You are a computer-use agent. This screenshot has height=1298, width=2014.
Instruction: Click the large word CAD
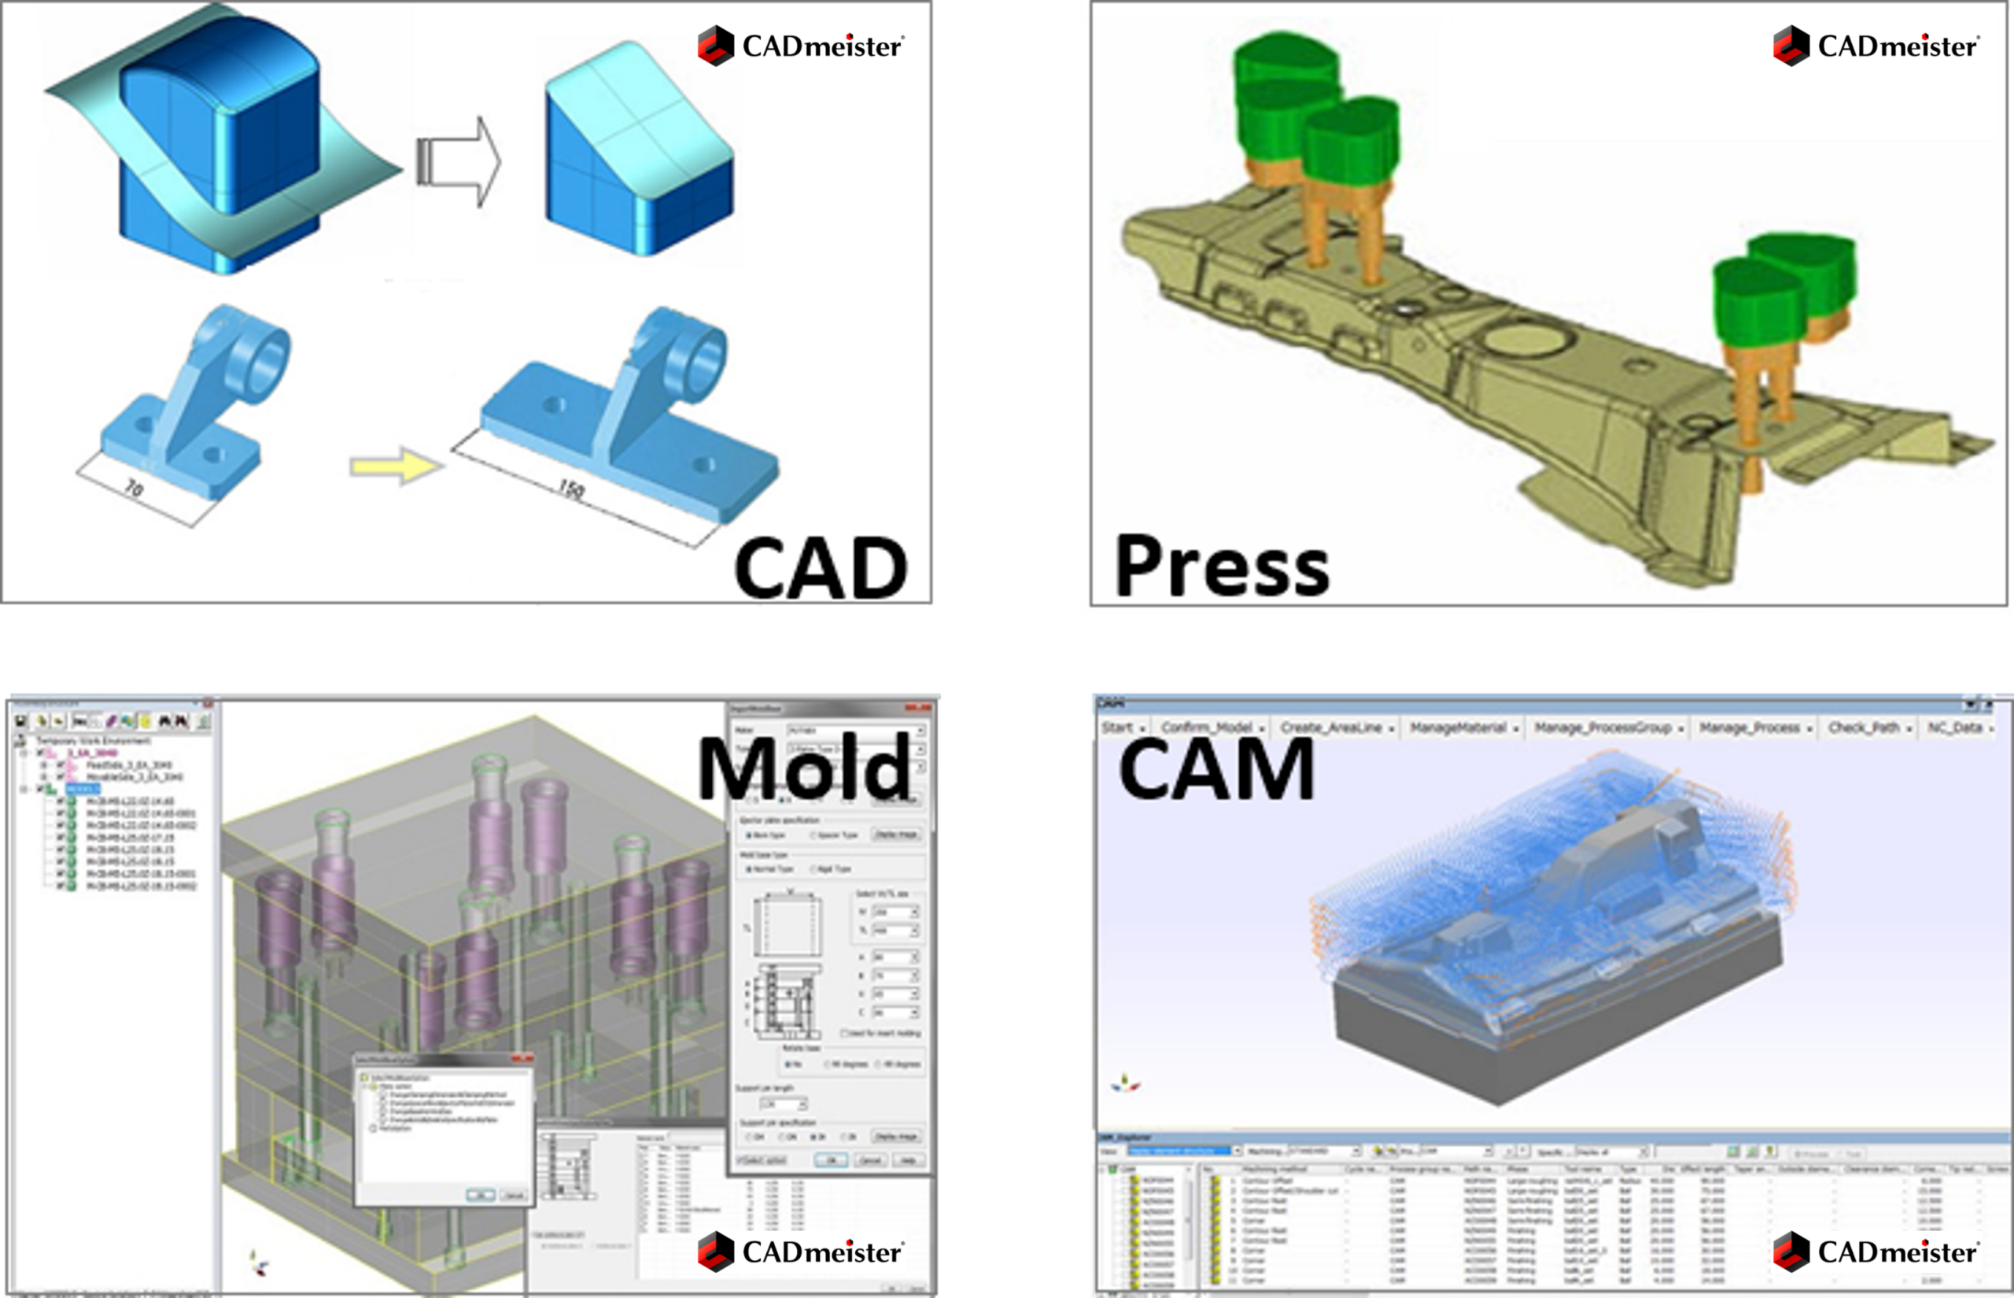pos(820,569)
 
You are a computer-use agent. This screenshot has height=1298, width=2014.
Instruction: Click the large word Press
pos(1221,566)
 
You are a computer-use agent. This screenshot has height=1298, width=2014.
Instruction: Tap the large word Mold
pos(805,769)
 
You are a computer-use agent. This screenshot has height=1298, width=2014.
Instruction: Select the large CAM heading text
pos(1216,769)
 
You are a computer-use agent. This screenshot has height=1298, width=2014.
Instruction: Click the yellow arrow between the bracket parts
pos(396,465)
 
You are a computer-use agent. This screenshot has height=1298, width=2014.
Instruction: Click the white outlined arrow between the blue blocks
pos(459,161)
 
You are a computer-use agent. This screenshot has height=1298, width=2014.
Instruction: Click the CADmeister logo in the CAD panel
pos(801,46)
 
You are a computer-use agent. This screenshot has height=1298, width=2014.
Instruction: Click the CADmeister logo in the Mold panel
pos(801,1252)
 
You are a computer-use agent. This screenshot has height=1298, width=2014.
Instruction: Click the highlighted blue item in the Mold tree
pos(83,789)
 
